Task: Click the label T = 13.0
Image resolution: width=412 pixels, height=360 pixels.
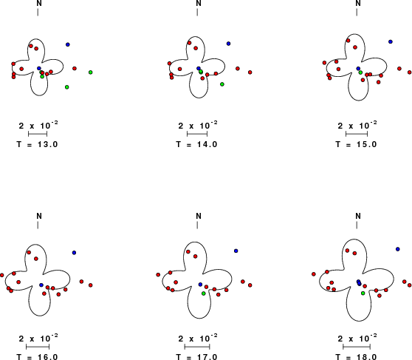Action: click(x=37, y=144)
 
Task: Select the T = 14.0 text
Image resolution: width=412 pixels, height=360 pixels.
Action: click(x=197, y=144)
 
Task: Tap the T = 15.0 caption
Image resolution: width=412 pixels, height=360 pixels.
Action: click(x=357, y=144)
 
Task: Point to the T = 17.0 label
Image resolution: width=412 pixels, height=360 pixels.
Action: click(x=197, y=357)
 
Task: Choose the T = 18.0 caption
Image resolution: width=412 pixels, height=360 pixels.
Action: click(x=357, y=357)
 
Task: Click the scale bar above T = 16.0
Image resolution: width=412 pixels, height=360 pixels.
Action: click(x=38, y=347)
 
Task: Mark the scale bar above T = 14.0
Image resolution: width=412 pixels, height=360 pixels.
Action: click(x=197, y=134)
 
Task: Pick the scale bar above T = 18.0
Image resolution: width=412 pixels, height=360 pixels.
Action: click(x=357, y=347)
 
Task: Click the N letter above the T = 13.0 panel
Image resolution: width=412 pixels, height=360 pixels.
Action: click(x=39, y=4)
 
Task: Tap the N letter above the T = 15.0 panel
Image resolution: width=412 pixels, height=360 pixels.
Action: click(x=358, y=4)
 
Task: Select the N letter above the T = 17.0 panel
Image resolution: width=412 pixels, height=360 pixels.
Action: click(x=199, y=216)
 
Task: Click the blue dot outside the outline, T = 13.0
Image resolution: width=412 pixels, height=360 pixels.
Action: click(x=68, y=44)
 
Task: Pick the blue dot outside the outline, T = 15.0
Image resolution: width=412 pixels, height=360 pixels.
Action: click(x=391, y=41)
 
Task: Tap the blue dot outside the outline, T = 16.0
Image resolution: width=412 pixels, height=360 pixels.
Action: click(x=74, y=253)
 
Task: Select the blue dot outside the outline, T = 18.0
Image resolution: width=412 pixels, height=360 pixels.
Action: click(x=397, y=249)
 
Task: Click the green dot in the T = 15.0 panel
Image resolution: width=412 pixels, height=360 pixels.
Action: click(x=360, y=72)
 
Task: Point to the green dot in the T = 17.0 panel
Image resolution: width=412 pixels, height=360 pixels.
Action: click(x=204, y=293)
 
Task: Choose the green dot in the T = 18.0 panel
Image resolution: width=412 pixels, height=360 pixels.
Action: click(x=363, y=293)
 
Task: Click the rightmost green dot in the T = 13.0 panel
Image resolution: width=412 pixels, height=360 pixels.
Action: click(x=91, y=72)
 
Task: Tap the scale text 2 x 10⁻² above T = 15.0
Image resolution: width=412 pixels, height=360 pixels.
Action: click(x=357, y=125)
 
